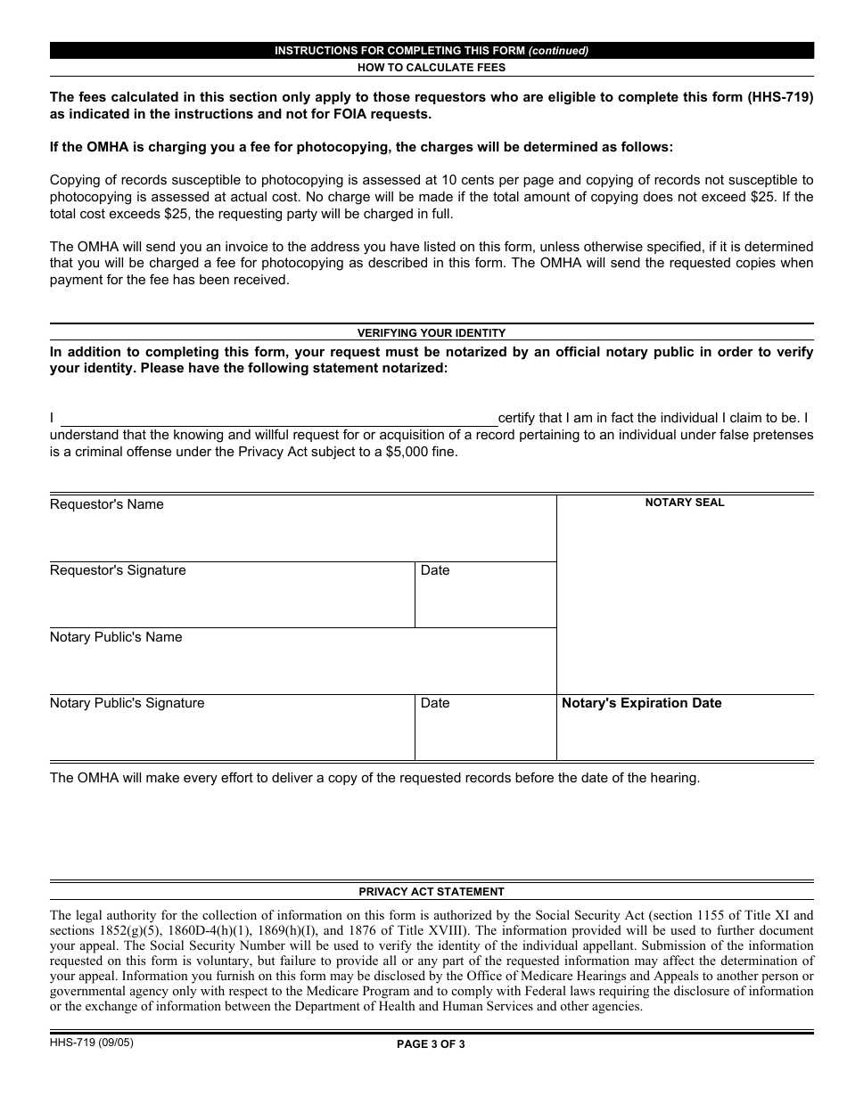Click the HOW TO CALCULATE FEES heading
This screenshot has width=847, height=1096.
coord(432,68)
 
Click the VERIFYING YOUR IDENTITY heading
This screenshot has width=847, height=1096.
coord(432,332)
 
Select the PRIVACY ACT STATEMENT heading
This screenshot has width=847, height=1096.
coord(432,891)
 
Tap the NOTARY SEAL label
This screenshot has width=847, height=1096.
coord(685,503)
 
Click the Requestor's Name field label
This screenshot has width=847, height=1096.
coord(107,504)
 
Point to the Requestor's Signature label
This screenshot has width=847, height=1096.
coord(118,570)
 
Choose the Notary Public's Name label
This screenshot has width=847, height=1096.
coord(116,637)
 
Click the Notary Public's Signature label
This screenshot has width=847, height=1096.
coord(127,703)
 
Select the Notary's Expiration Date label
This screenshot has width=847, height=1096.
coord(641,703)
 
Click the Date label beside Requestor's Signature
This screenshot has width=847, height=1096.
coord(435,570)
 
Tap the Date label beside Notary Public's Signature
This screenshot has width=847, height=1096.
coord(435,703)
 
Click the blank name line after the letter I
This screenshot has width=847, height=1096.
coord(278,419)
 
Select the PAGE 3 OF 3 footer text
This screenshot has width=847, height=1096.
coord(432,1045)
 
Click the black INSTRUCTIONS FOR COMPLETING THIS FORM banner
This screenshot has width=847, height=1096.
coord(432,51)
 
